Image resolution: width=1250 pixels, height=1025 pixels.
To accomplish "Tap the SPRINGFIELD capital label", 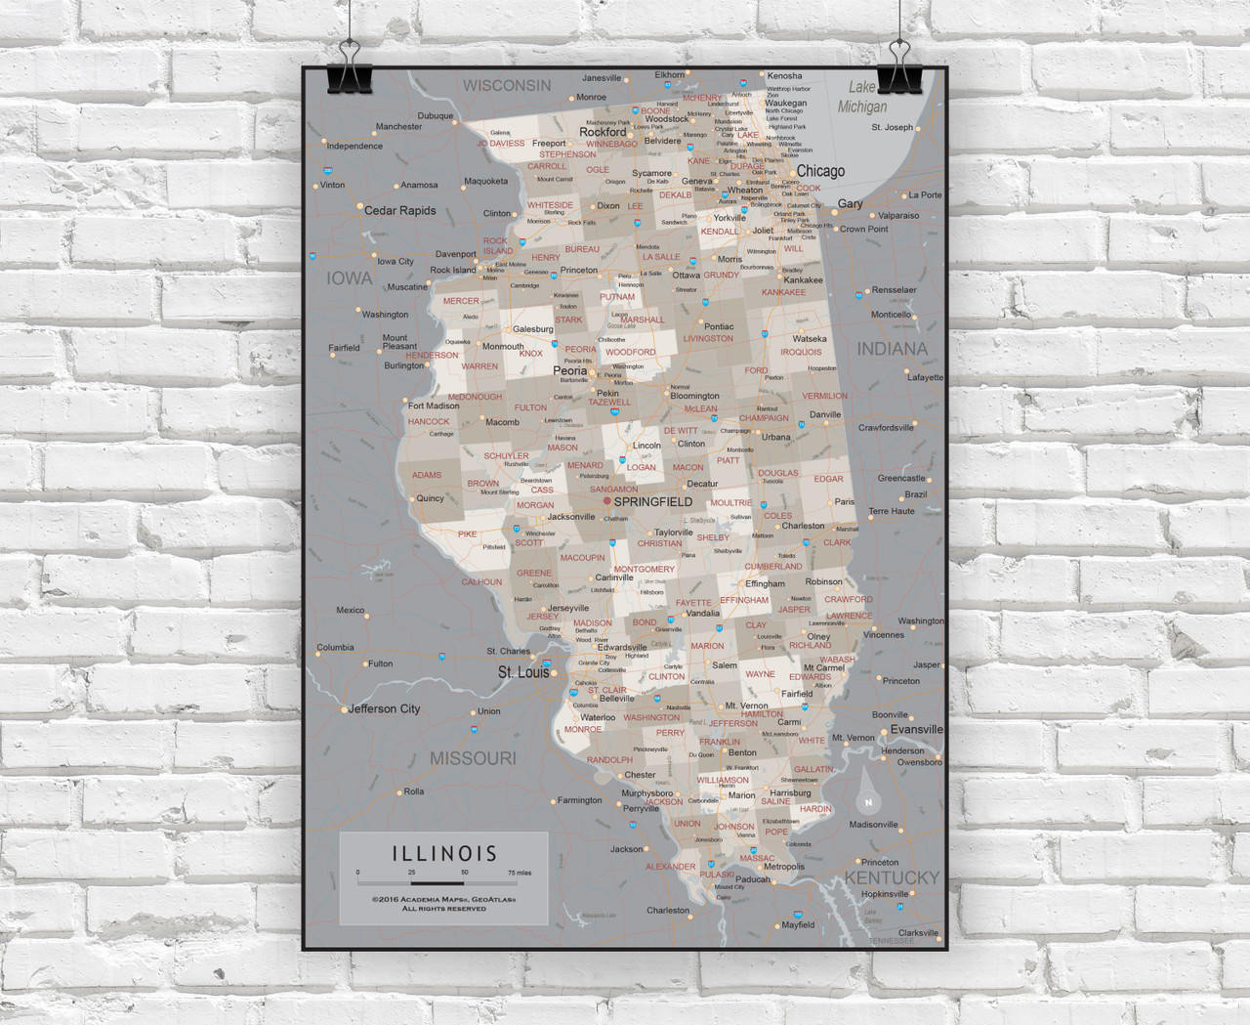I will click(653, 501).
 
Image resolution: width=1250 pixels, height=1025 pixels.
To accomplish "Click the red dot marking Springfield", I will click(606, 500).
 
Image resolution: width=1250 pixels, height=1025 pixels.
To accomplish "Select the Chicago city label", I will click(820, 171).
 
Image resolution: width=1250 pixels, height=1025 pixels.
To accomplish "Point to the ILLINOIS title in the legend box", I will click(444, 853).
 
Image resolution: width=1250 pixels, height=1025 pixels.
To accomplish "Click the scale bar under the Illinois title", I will click(444, 882).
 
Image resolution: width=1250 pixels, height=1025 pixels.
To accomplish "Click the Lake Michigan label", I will click(862, 97).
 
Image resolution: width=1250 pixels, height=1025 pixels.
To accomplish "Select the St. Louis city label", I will click(523, 672).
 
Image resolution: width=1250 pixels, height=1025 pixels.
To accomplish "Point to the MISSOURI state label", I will click(474, 758).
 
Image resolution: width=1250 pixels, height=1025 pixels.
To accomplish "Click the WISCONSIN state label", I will click(507, 85).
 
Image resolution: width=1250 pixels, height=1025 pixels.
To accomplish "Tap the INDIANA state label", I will click(892, 348).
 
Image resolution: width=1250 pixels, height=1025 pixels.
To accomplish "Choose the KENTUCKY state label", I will click(892, 877).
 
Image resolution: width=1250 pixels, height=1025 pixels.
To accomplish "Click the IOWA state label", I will click(349, 278).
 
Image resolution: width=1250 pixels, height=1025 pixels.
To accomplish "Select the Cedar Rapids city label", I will click(399, 210).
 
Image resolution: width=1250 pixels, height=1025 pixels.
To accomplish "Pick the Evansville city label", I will click(917, 729).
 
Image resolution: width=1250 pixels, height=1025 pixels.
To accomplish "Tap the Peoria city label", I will click(570, 371).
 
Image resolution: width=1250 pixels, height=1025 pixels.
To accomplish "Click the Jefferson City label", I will click(384, 708).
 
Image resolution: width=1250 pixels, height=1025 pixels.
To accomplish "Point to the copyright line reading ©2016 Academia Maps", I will click(444, 899).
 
